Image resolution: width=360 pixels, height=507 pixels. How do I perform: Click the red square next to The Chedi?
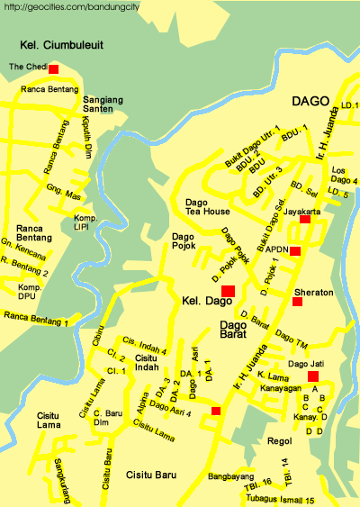coord(54,68)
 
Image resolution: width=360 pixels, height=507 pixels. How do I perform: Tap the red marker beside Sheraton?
coord(298,301)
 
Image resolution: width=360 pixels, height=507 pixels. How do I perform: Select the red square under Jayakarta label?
coord(304,219)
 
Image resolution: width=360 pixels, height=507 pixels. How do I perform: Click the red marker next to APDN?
coord(295,251)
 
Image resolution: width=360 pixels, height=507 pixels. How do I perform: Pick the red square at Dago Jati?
coord(312,376)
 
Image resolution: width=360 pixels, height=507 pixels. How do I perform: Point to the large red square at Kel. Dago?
coord(228,290)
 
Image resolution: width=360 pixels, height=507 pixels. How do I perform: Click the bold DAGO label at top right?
coord(310,101)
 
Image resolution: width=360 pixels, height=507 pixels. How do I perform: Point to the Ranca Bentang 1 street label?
coord(35,318)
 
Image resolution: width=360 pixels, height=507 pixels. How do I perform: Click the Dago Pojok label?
coord(189,241)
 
